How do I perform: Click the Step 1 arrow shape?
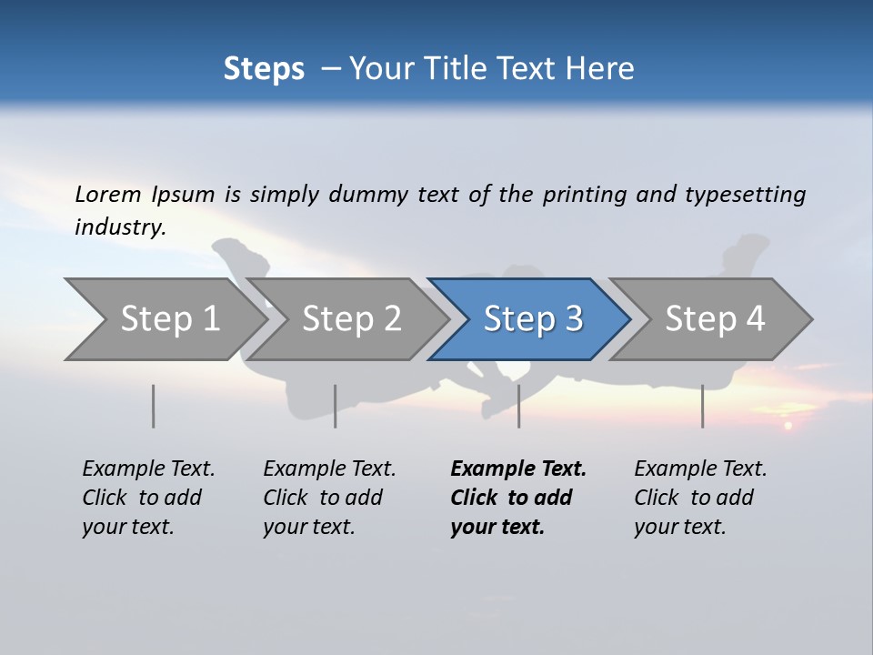point(164,319)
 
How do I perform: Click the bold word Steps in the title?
point(264,68)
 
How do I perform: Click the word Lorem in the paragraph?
point(108,194)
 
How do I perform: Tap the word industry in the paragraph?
point(120,227)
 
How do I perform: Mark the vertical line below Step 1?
point(154,406)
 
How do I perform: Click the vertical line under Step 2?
point(336,406)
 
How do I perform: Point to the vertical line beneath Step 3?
point(518,406)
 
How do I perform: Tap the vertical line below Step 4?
point(702,406)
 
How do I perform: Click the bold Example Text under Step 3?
point(518,469)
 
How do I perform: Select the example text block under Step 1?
point(148,498)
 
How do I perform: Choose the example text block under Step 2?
point(329,498)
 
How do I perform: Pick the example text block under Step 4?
point(700,498)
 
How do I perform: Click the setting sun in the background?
point(788,425)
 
